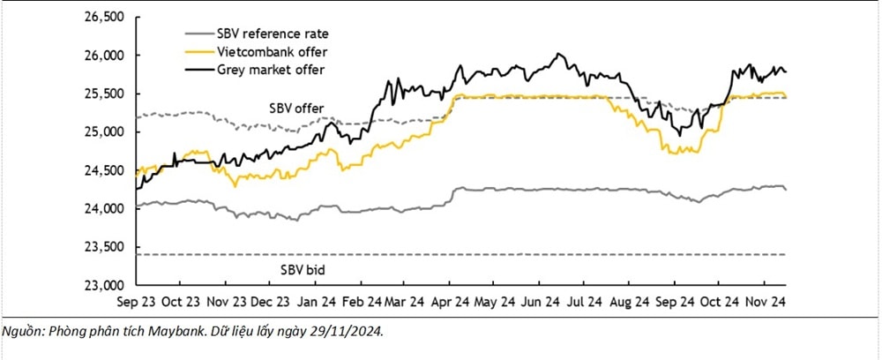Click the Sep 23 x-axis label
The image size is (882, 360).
pyautogui.click(x=136, y=301)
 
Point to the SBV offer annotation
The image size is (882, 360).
pyautogui.click(x=296, y=108)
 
